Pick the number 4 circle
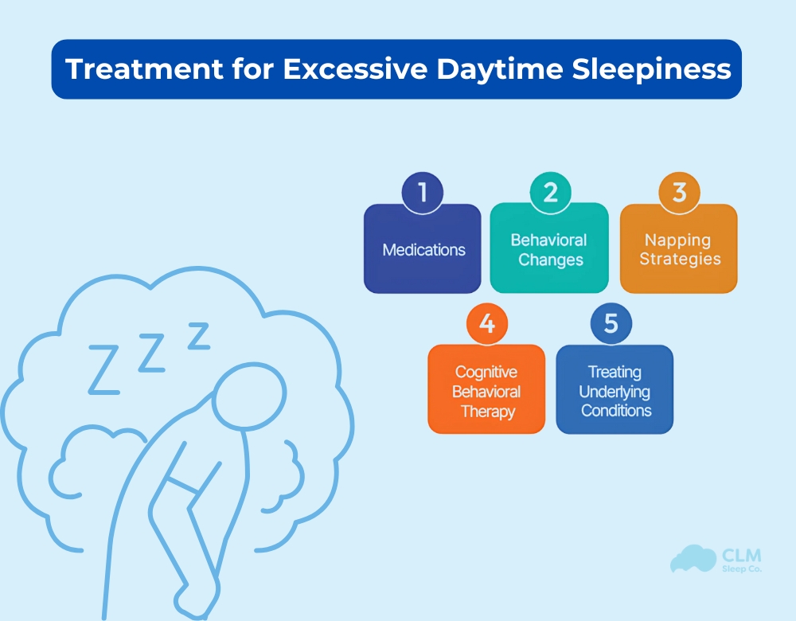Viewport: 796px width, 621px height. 486,324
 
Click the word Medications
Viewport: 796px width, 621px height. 423,250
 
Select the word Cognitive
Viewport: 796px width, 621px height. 486,372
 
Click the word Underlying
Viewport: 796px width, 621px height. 615,392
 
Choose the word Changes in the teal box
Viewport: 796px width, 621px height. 551,260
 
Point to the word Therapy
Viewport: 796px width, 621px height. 487,412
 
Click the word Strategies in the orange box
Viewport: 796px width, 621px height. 680,260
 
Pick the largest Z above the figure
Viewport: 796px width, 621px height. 103,369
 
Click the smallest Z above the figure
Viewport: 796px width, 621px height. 198,336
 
